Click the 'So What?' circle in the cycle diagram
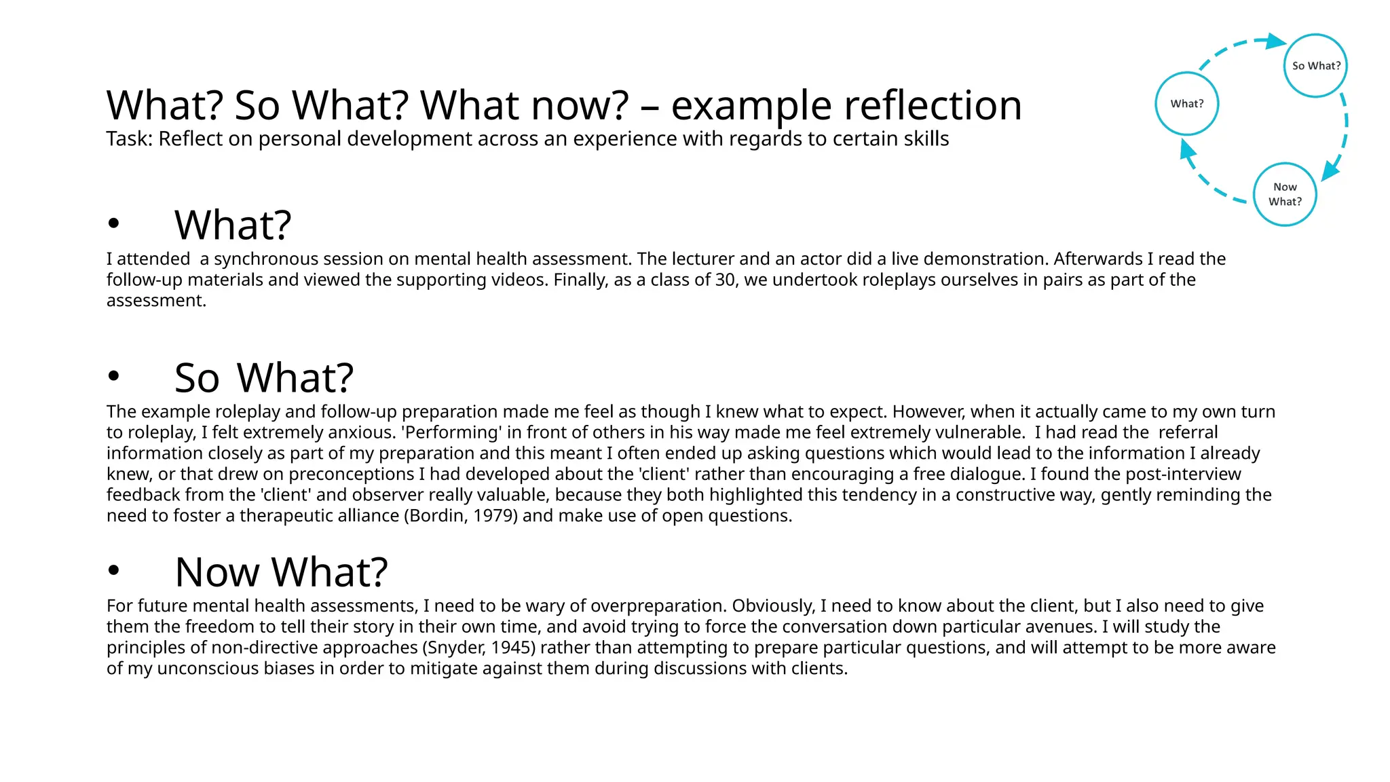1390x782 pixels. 1315,66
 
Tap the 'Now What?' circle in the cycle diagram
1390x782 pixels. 1284,194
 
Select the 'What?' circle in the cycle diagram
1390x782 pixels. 1187,104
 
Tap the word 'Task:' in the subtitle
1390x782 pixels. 130,139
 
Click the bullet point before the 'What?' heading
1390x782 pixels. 113,223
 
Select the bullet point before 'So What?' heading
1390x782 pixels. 113,375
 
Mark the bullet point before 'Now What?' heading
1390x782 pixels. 113,571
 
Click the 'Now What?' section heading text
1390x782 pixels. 281,572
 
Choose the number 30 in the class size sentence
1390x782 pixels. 726,280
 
